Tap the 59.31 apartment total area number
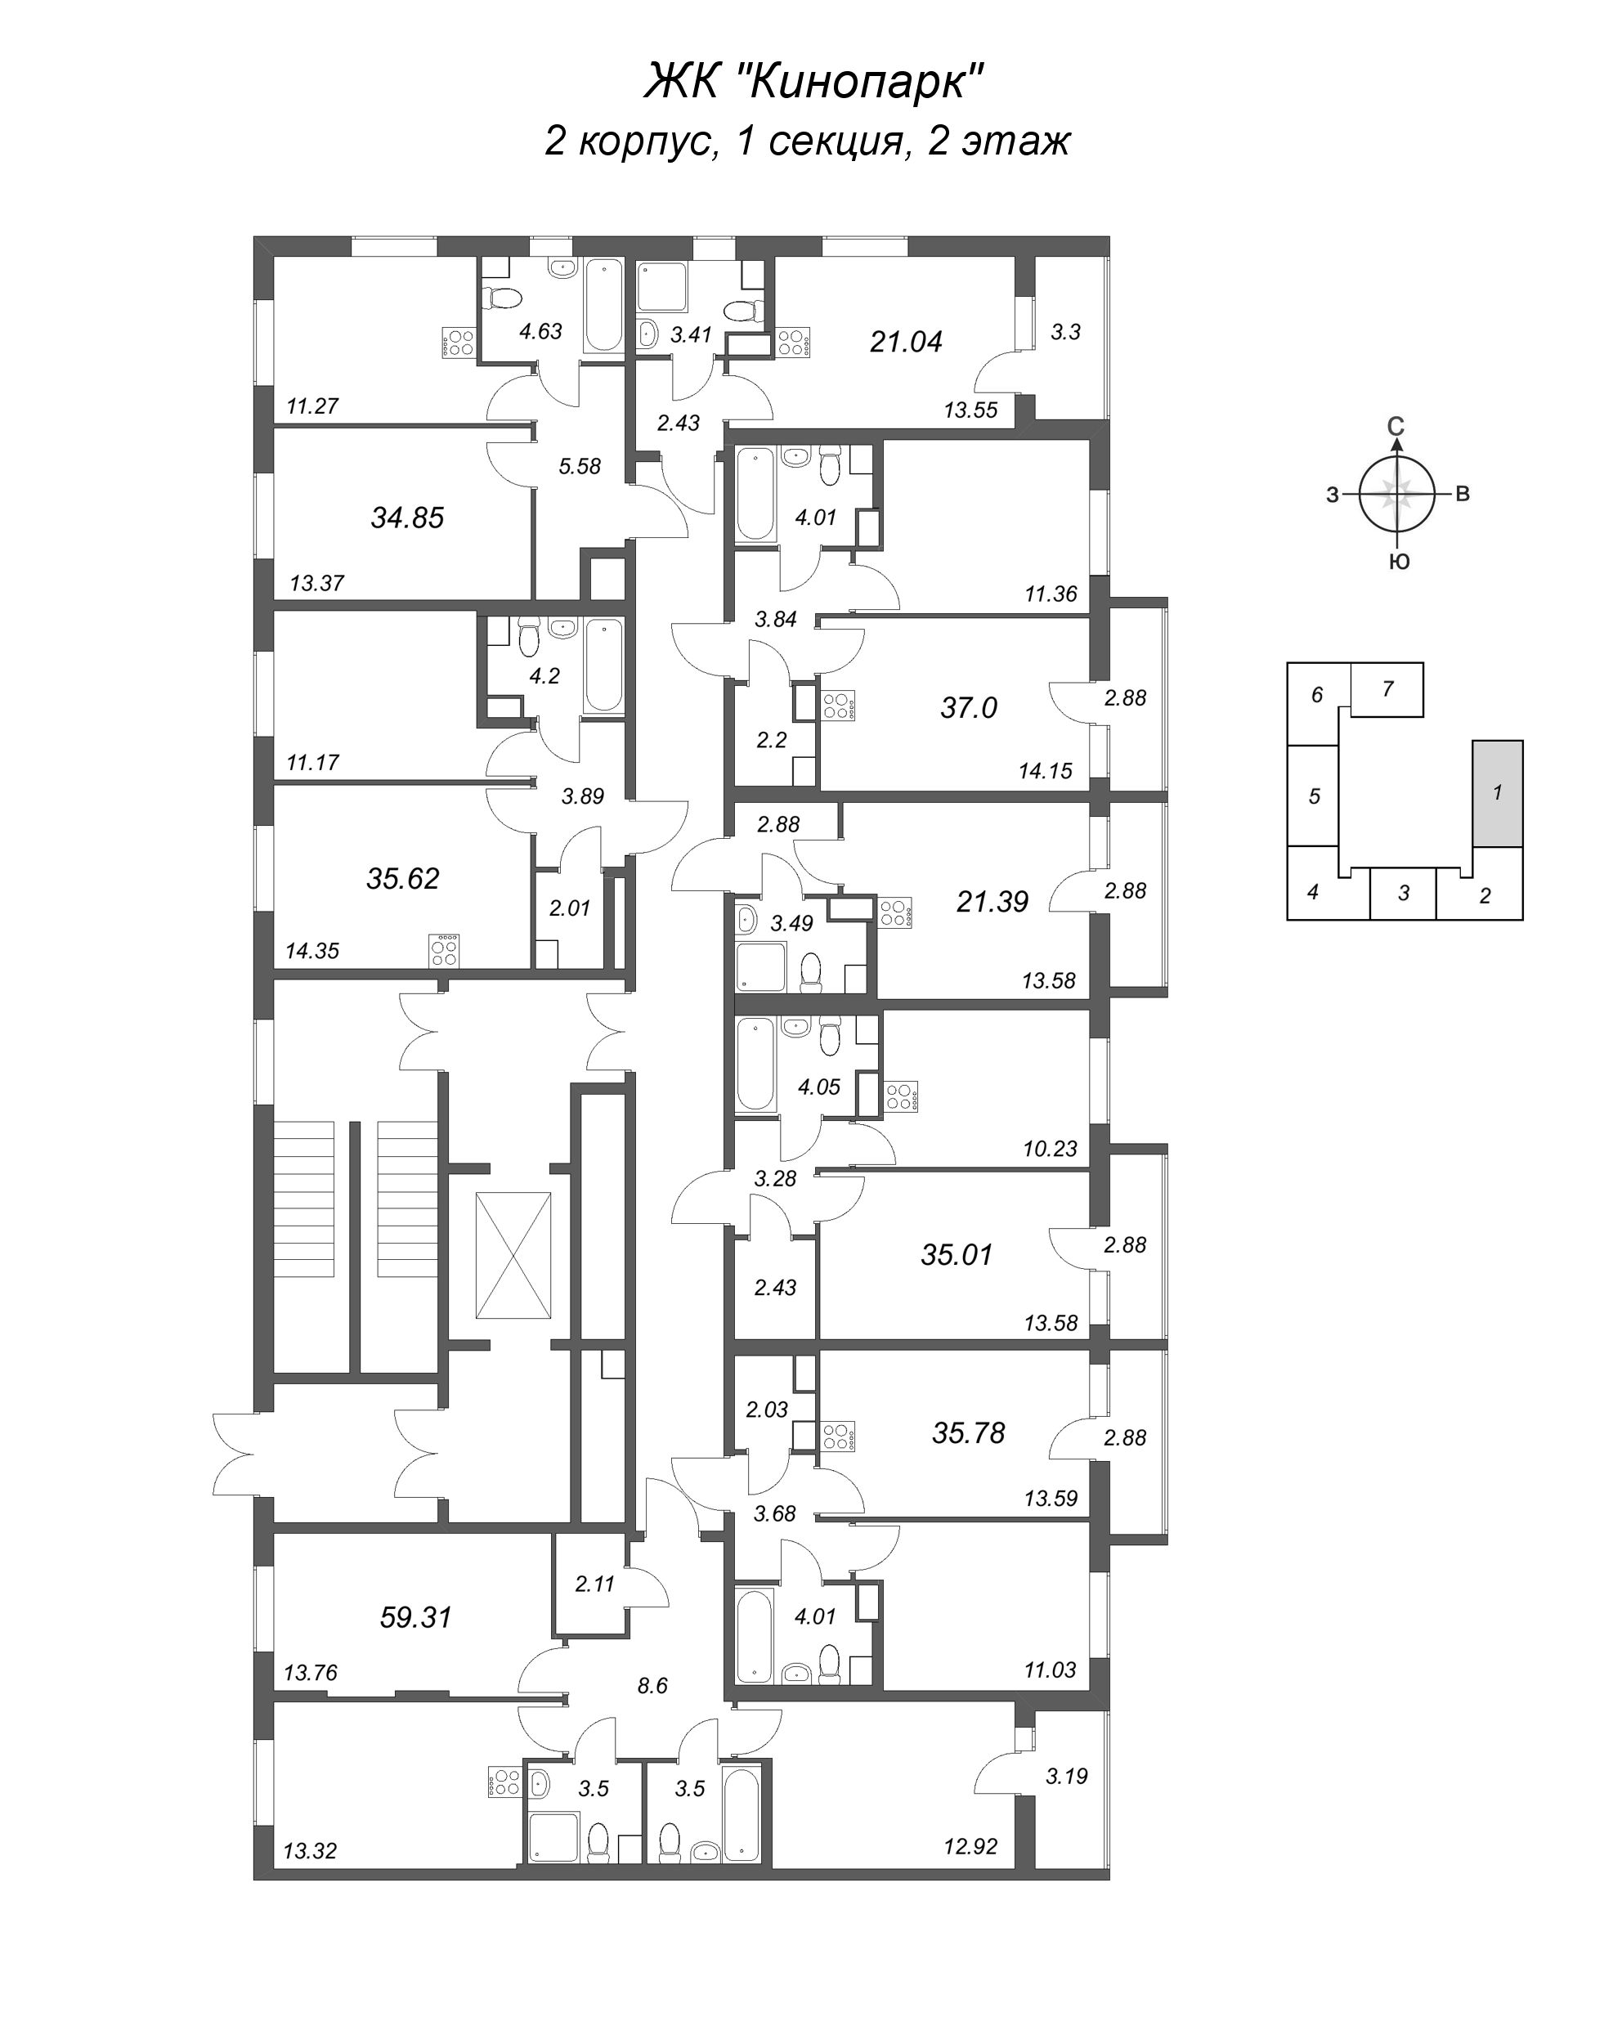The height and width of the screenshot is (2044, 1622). click(x=415, y=1616)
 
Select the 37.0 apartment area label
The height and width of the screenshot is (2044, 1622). click(x=968, y=707)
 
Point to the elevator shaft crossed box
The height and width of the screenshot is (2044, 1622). click(x=513, y=1255)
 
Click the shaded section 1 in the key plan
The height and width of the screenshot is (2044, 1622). click(x=1497, y=792)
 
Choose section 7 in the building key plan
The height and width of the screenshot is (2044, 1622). click(x=1387, y=689)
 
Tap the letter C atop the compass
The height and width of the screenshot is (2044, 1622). click(x=1396, y=428)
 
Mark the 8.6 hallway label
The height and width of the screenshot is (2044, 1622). click(x=652, y=1686)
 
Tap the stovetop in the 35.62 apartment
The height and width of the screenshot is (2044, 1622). click(x=444, y=950)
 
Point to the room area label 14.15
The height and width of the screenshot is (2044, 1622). click(x=1046, y=771)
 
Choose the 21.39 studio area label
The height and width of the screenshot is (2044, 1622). click(x=992, y=901)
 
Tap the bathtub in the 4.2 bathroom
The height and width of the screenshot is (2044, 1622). click(x=603, y=665)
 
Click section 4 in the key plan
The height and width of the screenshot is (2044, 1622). click(x=1313, y=892)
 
